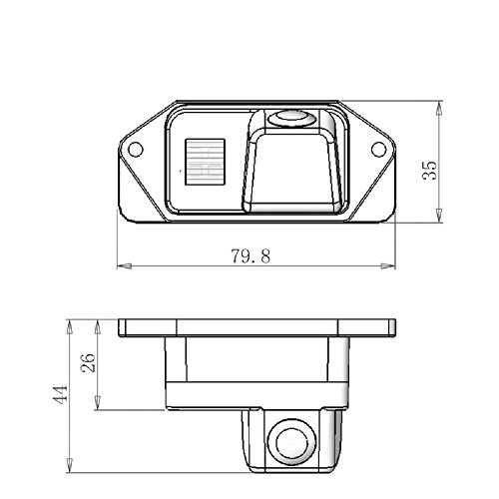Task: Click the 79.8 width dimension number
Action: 251,255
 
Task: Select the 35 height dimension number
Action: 430,163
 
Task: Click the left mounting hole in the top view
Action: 133,150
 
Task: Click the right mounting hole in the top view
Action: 379,150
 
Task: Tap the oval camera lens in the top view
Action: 292,117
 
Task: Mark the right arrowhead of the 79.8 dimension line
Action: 387,266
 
